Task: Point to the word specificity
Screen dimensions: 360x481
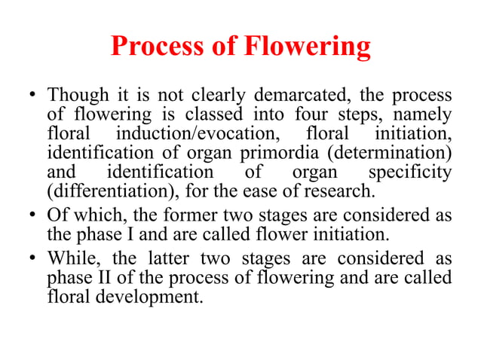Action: pyautogui.click(x=413, y=173)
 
